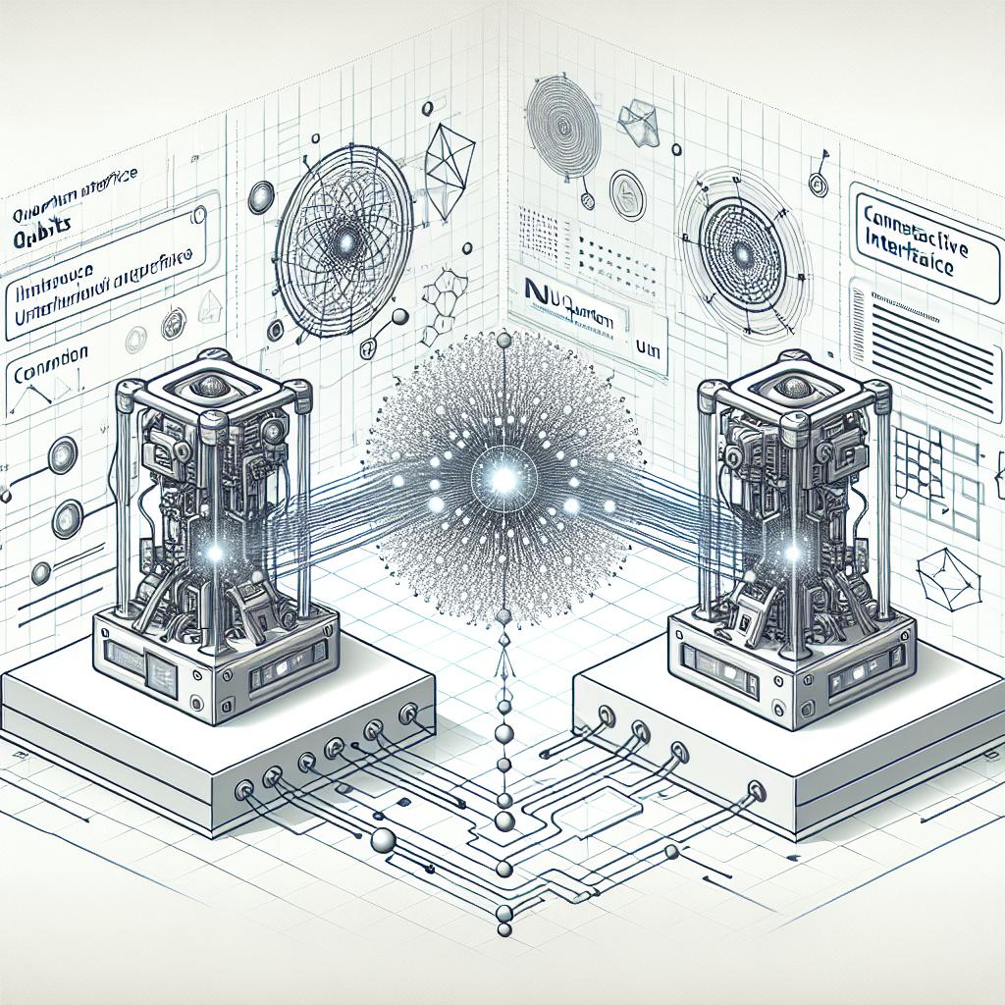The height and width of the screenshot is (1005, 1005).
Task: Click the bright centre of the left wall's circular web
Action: point(345,241)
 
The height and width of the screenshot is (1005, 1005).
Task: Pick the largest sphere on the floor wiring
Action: point(383,840)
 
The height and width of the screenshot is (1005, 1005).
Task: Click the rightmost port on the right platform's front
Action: point(755,790)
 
